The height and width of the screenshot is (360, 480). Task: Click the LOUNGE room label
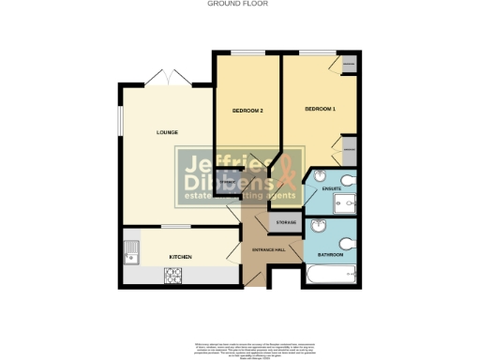(168, 132)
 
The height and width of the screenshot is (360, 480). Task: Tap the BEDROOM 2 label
(247, 112)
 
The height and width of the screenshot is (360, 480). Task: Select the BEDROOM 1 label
(320, 110)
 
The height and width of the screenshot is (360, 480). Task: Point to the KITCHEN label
(181, 255)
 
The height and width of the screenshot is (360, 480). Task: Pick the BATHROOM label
(330, 255)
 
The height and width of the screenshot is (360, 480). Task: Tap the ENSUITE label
(332, 189)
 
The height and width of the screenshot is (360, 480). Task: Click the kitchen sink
(131, 252)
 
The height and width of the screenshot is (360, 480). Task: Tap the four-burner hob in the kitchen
(173, 276)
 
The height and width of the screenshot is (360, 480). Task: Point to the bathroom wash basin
(319, 224)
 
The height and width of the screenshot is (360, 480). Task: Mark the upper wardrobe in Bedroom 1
(349, 64)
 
